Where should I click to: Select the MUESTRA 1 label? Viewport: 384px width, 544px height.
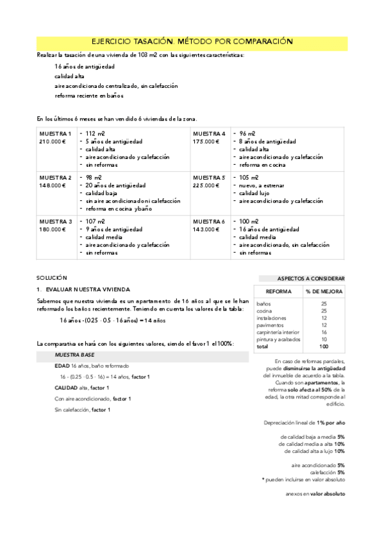(55, 133)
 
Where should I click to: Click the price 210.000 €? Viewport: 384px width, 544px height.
(53, 141)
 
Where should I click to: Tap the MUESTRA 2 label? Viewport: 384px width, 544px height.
(55, 177)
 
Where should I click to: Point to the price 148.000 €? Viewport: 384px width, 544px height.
(53, 185)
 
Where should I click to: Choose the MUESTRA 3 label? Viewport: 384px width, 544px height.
(55, 221)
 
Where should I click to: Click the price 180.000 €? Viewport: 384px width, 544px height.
(53, 229)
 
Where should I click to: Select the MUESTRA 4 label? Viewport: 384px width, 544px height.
(208, 133)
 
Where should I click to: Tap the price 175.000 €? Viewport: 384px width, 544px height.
(206, 141)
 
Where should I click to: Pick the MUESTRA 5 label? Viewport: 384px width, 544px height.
(208, 177)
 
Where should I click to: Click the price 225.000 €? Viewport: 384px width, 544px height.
(206, 185)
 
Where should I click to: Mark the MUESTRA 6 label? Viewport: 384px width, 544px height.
(208, 221)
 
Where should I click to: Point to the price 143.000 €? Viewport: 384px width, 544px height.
(206, 229)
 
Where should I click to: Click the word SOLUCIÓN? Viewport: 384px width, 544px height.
(51, 278)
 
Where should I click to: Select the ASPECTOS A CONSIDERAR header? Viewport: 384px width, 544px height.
(310, 278)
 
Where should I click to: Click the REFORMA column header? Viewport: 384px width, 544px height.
(278, 291)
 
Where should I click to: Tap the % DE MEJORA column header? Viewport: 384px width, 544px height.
(324, 291)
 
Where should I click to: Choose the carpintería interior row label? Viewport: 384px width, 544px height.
(276, 332)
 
